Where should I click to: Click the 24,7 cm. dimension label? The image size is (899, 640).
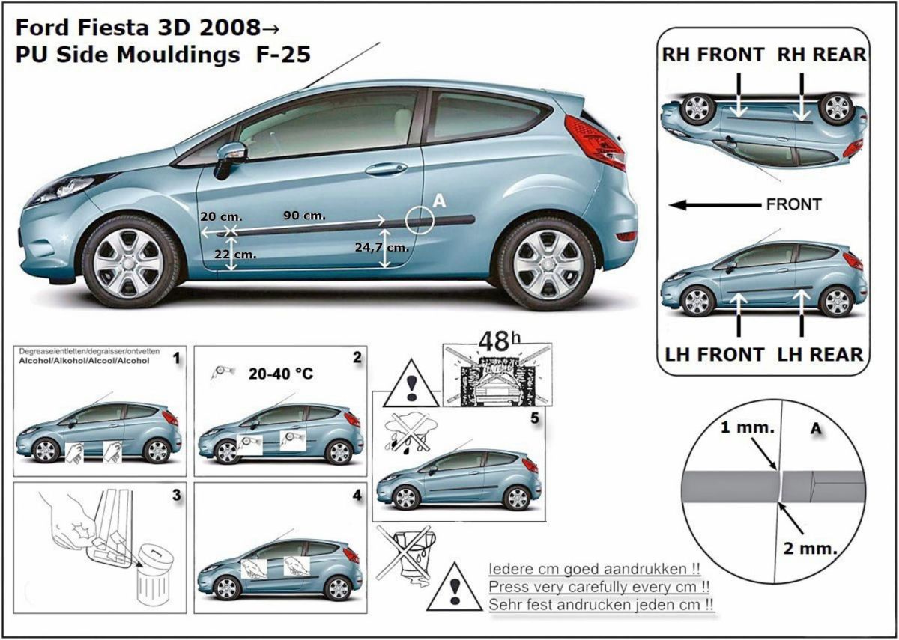point(387,246)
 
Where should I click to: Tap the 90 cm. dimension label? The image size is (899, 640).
point(304,216)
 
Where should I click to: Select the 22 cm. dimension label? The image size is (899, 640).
point(235,255)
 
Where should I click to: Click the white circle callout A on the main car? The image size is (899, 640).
point(420,219)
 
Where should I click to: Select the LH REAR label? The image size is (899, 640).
point(820,353)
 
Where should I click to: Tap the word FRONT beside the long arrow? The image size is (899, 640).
point(793,204)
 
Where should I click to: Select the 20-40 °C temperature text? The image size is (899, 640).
point(280,373)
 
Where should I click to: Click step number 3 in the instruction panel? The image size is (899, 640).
point(176,495)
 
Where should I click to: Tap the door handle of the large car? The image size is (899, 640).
point(386,169)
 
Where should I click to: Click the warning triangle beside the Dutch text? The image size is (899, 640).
point(455,588)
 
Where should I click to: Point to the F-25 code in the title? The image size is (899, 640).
point(280,55)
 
